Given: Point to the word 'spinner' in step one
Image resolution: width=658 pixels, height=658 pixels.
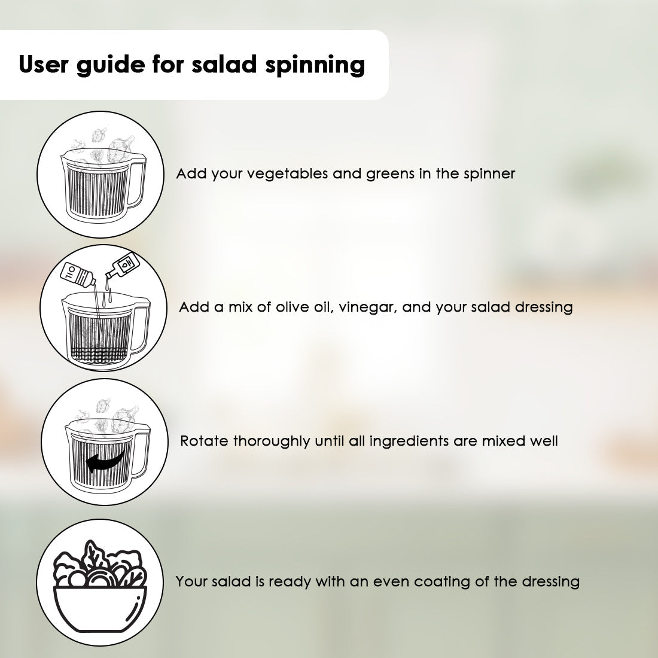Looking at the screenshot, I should point(489,174).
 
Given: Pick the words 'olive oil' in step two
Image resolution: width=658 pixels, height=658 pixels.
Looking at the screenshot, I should point(306,307).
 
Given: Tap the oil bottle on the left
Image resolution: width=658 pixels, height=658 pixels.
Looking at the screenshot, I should point(78,275).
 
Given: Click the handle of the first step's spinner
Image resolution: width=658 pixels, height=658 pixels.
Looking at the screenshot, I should point(138,183).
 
